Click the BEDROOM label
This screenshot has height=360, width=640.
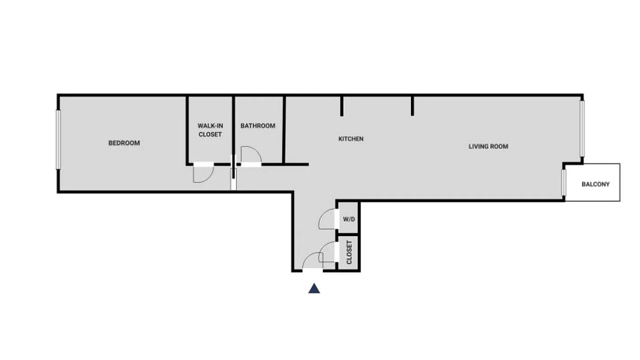[124, 143]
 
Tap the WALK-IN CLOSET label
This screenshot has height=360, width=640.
[210, 130]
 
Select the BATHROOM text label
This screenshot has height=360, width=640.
[257, 126]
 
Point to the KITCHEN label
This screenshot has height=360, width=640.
[351, 139]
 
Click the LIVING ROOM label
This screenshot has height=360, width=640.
[488, 146]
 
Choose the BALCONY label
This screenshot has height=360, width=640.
[595, 184]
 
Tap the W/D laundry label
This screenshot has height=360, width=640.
[348, 220]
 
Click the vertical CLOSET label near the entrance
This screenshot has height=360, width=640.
[349, 252]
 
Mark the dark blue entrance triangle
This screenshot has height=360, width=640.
[314, 288]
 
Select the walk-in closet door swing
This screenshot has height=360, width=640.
[202, 175]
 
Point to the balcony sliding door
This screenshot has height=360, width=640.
[563, 182]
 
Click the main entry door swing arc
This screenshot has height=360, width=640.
[312, 261]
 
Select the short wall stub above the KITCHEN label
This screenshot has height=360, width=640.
[342, 106]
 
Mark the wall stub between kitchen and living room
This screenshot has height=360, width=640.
[412, 106]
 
